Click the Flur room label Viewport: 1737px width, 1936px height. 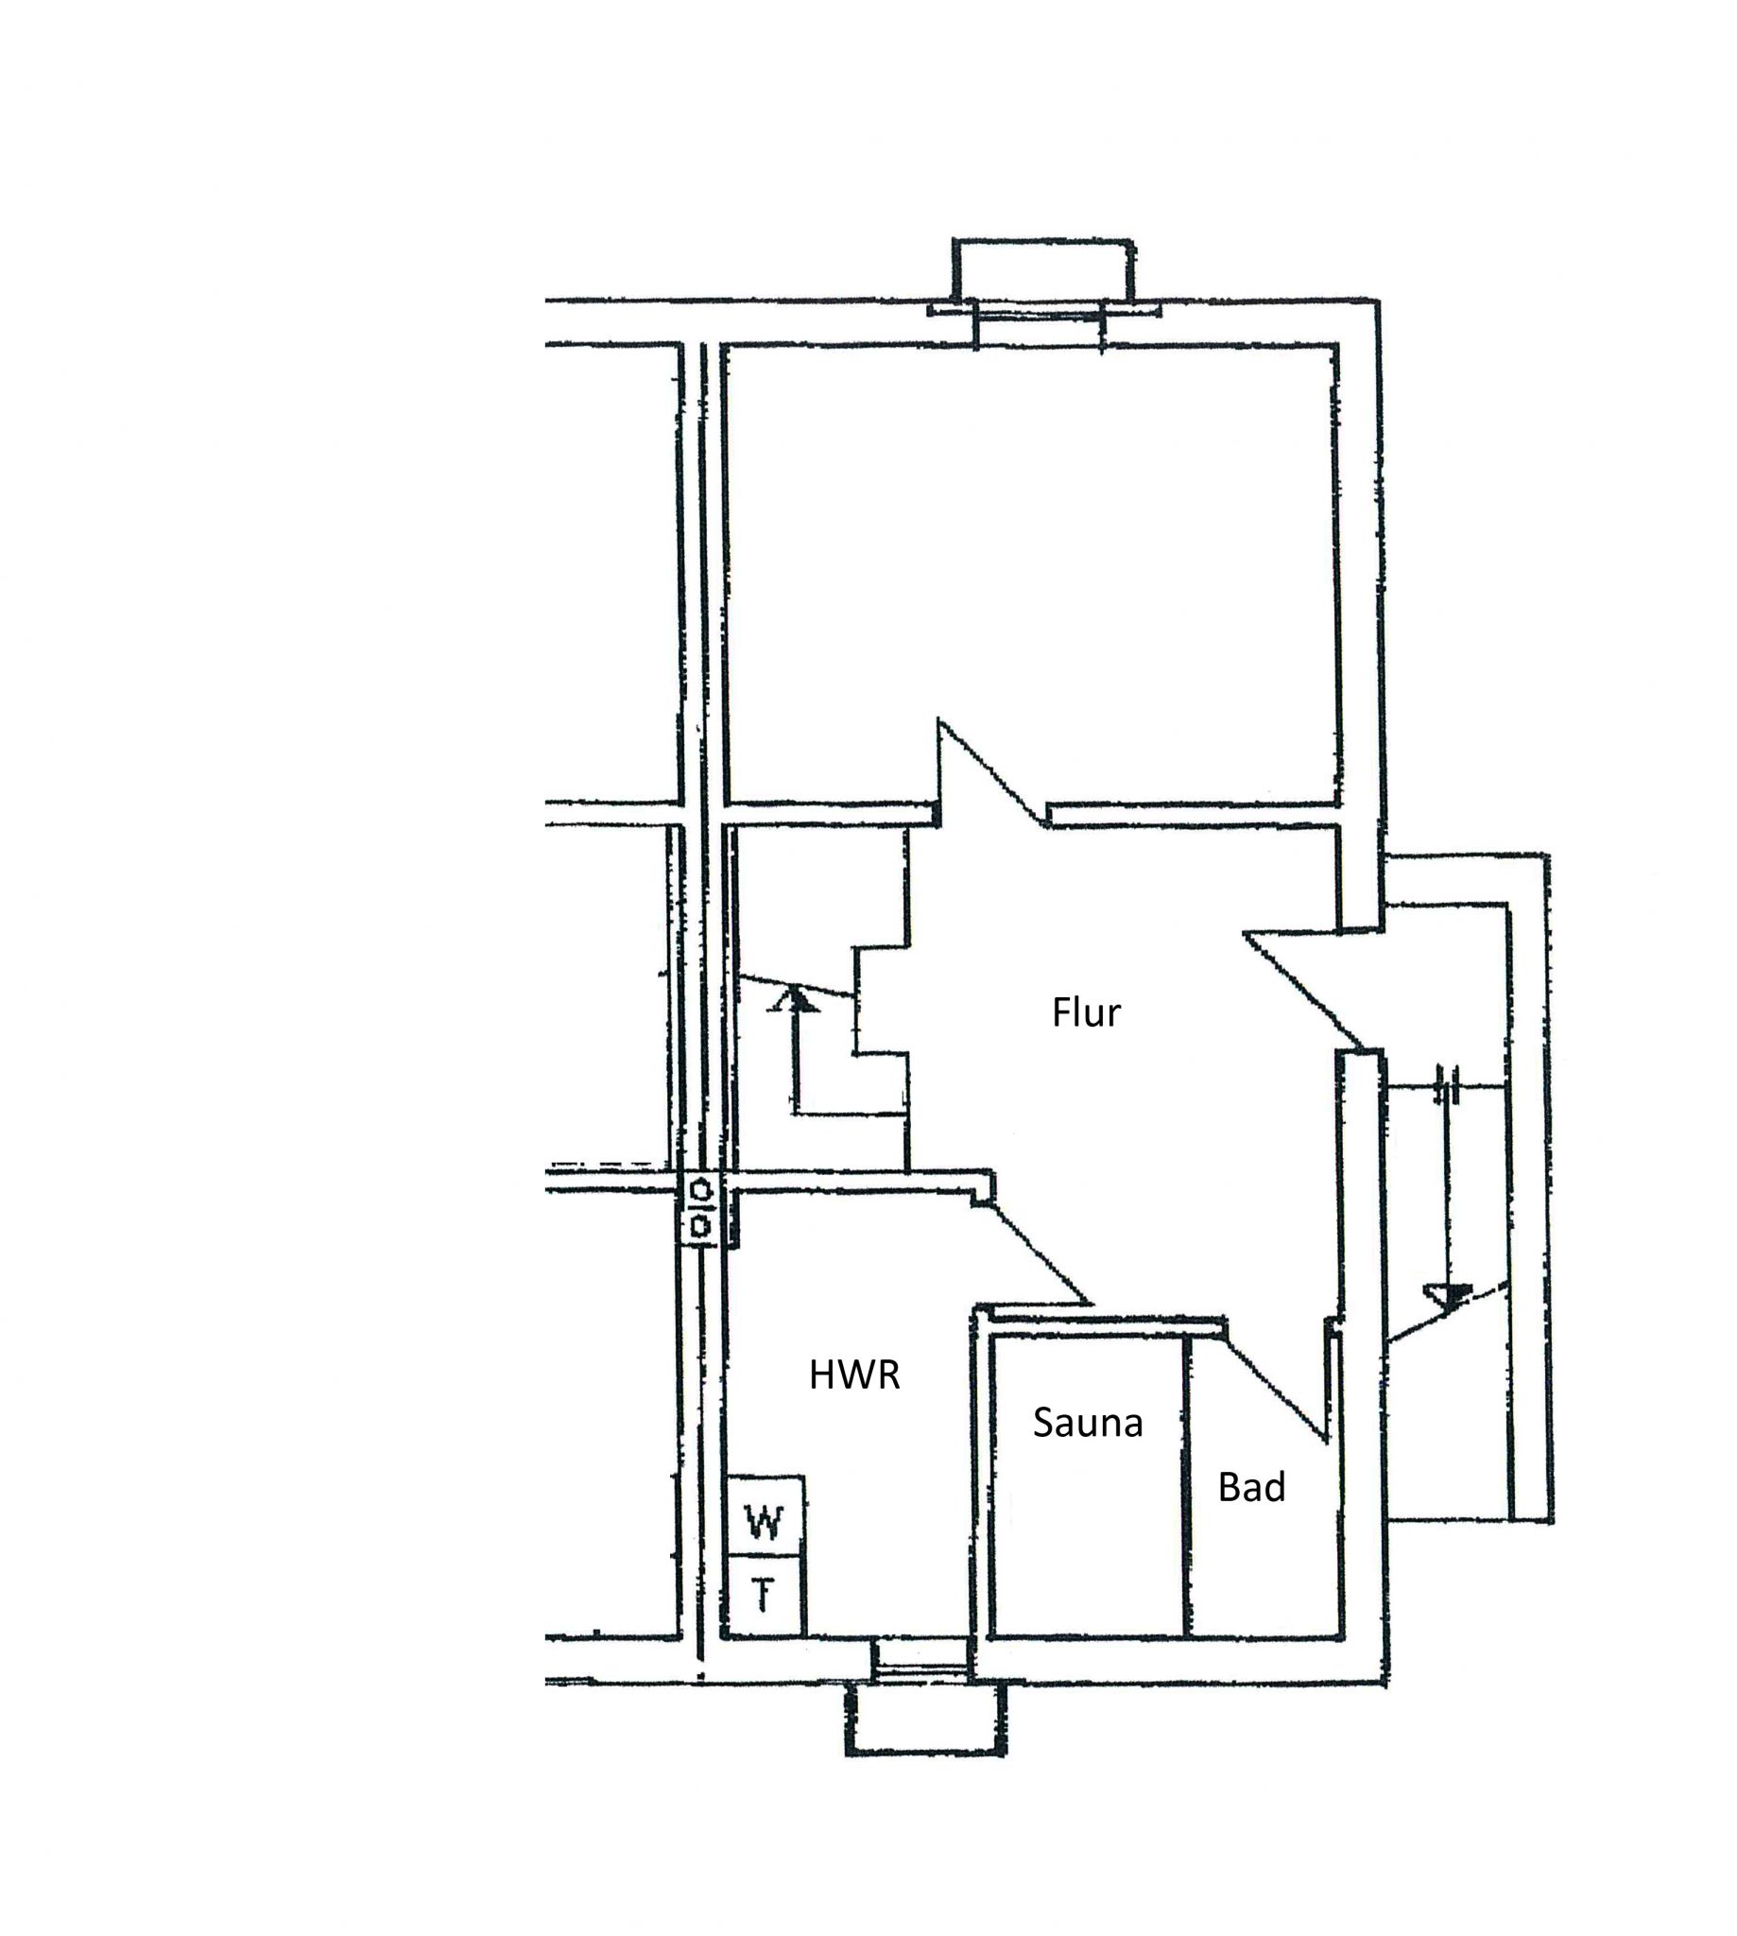1086,1011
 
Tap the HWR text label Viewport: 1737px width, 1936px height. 854,1374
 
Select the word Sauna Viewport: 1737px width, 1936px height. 1087,1424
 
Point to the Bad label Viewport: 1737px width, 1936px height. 1251,1487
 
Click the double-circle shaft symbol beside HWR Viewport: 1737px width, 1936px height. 700,1208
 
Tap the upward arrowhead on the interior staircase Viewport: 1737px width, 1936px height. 794,999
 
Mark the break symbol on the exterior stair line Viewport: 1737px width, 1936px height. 1448,1085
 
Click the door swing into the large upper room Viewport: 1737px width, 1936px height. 988,773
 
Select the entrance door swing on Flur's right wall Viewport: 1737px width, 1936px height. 1302,988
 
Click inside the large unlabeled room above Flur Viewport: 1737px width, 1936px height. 1031,573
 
